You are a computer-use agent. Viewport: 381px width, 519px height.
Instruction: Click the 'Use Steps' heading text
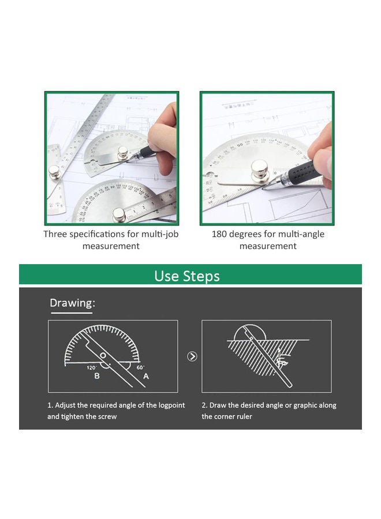pos(187,276)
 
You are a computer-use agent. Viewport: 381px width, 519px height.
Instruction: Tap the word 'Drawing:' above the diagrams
pos(72,303)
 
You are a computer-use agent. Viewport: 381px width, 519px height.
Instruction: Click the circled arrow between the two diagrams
pos(192,356)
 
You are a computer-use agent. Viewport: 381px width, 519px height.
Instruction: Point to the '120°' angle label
pos(92,367)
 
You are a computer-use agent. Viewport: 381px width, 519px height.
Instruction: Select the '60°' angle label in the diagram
pos(140,367)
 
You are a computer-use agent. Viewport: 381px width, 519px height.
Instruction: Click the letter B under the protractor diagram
pos(97,376)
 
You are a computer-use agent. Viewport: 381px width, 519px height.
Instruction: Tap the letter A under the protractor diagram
pos(146,376)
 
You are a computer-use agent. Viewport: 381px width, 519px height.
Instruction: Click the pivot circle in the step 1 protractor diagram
pos(103,355)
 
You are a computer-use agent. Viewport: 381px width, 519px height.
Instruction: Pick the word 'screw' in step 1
pos(107,417)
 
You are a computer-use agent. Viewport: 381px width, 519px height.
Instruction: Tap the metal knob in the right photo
pos(259,170)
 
